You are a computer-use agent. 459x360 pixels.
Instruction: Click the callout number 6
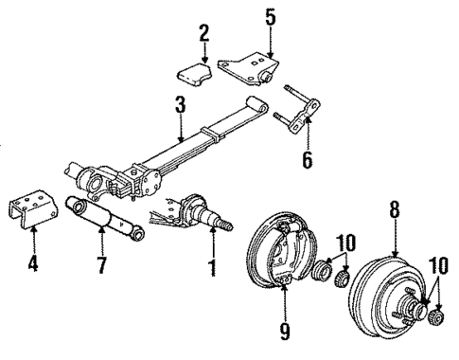coord(306,160)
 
